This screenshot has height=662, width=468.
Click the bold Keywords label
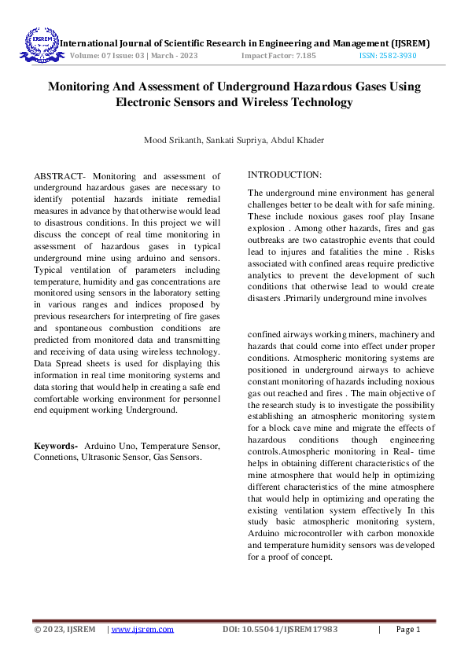pos(55,446)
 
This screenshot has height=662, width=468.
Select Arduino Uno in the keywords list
pos(108,446)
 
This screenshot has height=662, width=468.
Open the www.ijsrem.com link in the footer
pos(142,630)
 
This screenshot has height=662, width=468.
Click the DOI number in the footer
pos(280,630)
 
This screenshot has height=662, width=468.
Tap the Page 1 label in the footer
pos(408,630)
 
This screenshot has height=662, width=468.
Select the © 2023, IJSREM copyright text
pos(64,630)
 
